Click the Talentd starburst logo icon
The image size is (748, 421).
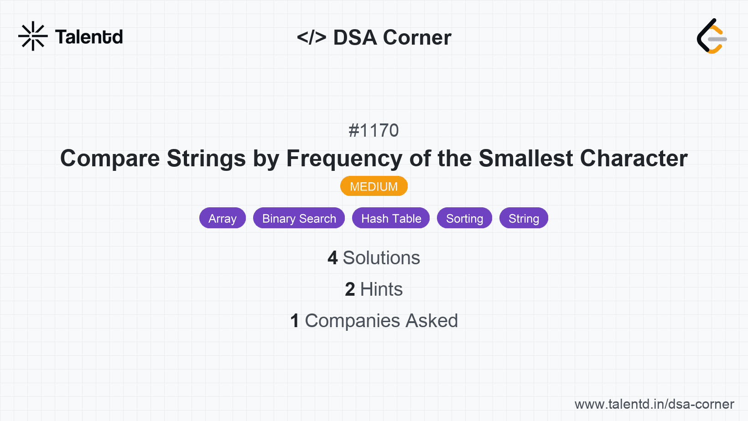click(x=33, y=36)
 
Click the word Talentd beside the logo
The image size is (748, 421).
click(x=89, y=37)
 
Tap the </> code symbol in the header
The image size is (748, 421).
click(x=312, y=37)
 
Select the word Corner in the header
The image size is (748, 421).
click(x=417, y=37)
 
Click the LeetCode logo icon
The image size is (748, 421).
click(x=711, y=36)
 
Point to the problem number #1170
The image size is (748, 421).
click(x=374, y=131)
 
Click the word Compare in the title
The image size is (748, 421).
click(x=110, y=159)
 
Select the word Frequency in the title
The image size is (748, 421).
click(x=344, y=159)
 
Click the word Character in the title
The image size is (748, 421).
click(x=634, y=159)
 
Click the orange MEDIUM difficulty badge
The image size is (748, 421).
click(x=374, y=186)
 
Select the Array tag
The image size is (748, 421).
click(x=223, y=218)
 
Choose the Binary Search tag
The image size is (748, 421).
click(x=299, y=218)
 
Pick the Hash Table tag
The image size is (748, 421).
click(x=391, y=218)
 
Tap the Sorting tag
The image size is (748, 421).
click(x=464, y=218)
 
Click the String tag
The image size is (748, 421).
click(x=524, y=218)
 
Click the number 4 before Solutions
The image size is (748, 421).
click(x=332, y=258)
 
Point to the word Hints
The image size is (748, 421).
click(x=381, y=289)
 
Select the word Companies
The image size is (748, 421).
click(x=353, y=321)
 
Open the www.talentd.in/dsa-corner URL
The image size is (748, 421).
click(x=654, y=404)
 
